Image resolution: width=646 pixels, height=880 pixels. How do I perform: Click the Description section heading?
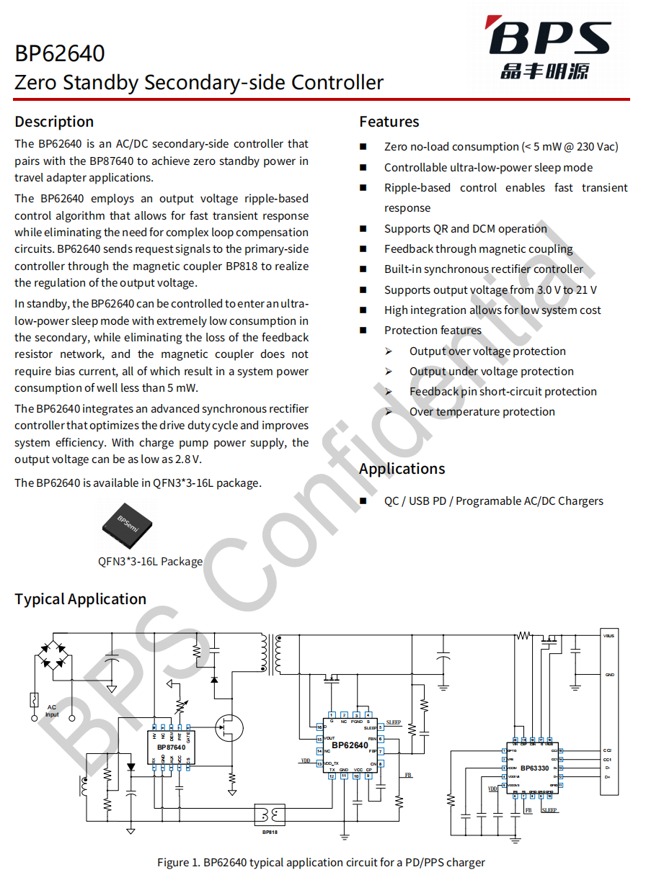(54, 121)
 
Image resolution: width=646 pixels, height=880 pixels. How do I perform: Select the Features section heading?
(389, 121)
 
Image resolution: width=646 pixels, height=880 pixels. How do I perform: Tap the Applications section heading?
(402, 469)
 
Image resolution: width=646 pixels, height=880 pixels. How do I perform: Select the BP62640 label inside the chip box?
(350, 745)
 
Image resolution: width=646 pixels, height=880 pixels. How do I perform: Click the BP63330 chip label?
(535, 768)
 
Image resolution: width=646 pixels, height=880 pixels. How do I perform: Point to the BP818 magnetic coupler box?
(270, 814)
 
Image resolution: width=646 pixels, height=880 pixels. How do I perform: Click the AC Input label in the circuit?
(52, 711)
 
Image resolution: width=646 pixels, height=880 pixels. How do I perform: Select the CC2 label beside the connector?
(607, 750)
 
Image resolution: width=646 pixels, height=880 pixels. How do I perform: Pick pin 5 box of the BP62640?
(380, 728)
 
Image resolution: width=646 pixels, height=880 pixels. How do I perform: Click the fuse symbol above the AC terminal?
(33, 699)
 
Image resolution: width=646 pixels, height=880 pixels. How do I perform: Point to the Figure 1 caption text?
(321, 862)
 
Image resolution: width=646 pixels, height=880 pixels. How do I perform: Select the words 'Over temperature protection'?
(482, 412)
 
